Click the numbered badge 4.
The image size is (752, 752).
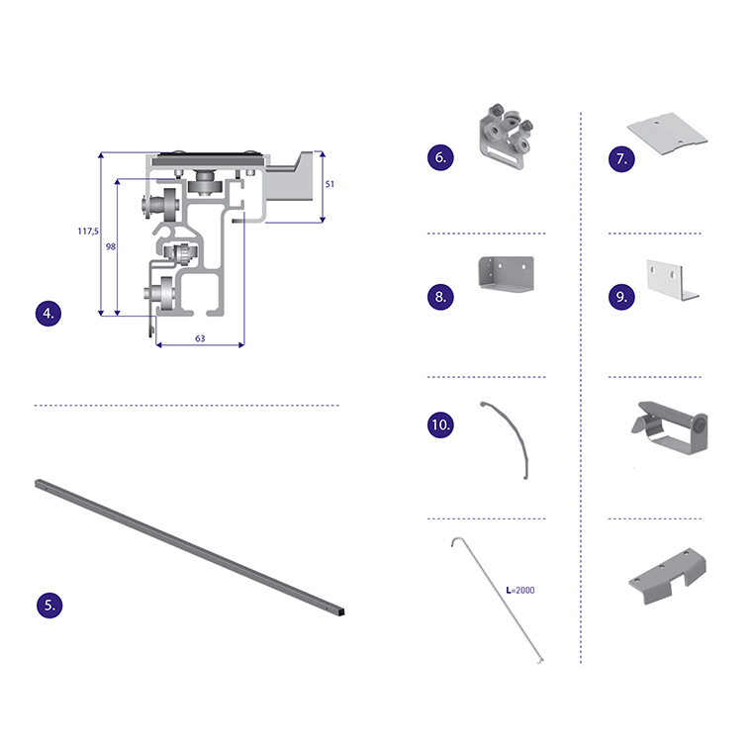48,314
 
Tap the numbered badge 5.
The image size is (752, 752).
49,605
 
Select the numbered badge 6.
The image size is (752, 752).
440,157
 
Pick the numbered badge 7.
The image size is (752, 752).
621,158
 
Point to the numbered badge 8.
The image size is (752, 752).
440,297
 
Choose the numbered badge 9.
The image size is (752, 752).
621,297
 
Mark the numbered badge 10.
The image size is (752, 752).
440,424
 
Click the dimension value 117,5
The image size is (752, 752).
88,232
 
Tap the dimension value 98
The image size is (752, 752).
110,246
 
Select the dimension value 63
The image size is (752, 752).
200,338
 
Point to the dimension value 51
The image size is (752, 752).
329,184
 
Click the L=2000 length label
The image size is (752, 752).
520,591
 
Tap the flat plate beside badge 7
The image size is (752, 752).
667,134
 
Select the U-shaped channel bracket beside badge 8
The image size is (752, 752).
507,274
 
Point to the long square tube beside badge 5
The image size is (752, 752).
189,547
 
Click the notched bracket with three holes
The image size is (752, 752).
668,576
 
